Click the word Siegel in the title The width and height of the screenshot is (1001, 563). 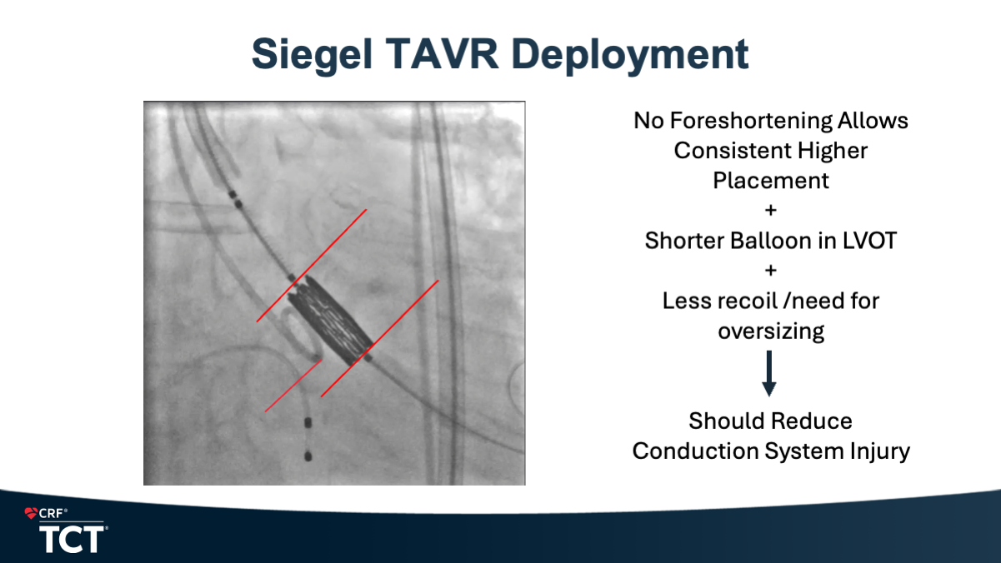pos(312,55)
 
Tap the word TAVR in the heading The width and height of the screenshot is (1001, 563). pos(442,53)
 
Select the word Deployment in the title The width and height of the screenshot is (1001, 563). pos(630,57)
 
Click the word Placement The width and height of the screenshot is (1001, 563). pos(771,181)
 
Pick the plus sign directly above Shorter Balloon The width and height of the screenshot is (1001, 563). pos(770,210)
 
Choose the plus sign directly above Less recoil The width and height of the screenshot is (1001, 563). pos(770,271)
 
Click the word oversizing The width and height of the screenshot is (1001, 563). pos(771,331)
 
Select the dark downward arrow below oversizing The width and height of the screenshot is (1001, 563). pos(769,373)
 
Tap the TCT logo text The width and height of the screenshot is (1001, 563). pos(72,539)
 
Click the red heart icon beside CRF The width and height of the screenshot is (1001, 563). pos(31,513)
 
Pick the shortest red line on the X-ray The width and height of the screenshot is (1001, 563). pos(293,386)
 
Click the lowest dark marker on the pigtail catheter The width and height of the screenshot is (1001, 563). pos(308,456)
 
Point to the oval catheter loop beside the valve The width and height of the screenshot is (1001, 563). pos(300,335)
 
